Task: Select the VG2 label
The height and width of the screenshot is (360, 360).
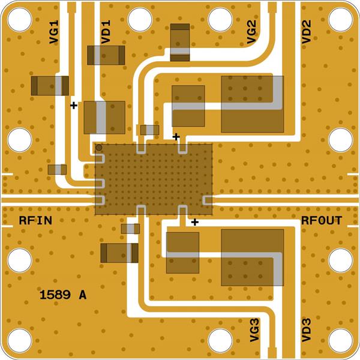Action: tap(251, 32)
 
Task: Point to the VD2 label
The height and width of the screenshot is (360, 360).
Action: tap(306, 32)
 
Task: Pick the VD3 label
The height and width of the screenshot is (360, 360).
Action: tap(306, 330)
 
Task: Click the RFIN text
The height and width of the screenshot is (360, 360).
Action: tap(35, 221)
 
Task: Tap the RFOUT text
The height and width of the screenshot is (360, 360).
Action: tap(321, 221)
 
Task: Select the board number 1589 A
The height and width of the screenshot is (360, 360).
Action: tap(62, 295)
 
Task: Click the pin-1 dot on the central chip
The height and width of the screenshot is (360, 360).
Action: tap(99, 148)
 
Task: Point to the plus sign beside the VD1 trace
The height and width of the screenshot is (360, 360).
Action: tap(73, 105)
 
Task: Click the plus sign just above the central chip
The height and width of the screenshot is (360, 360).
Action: tap(176, 137)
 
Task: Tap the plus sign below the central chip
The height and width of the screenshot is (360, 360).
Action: tap(194, 223)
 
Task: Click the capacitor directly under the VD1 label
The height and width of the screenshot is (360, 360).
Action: tap(106, 55)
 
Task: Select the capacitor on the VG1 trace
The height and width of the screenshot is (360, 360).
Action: tap(50, 85)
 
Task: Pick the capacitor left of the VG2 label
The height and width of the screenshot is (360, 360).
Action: tap(179, 42)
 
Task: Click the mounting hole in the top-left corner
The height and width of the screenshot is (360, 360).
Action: tap(20, 19)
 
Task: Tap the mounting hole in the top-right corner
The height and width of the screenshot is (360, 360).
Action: tap(340, 19)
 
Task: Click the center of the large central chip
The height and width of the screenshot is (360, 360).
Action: tap(154, 179)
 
